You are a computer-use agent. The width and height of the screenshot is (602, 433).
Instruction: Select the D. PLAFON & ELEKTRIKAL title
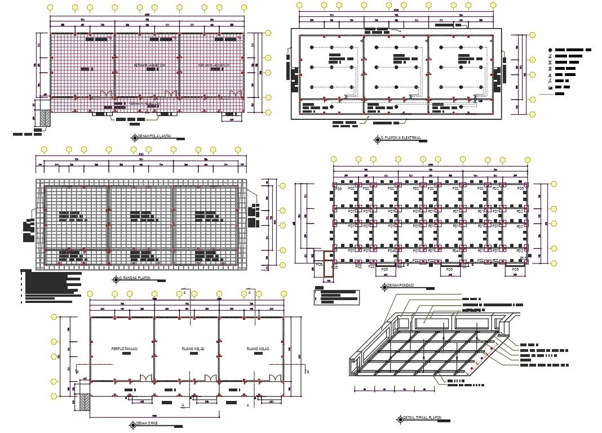click(401, 138)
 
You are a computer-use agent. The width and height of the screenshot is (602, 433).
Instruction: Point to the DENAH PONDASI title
click(401, 285)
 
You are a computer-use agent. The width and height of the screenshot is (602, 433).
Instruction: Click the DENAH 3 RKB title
click(147, 423)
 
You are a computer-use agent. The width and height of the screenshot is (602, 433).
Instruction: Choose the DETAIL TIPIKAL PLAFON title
click(423, 418)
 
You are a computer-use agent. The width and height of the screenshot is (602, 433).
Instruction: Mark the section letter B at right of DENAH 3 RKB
click(308, 372)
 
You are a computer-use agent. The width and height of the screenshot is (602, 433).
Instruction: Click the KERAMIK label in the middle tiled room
click(149, 65)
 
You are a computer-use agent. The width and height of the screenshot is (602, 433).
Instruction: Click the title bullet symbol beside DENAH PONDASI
click(384, 286)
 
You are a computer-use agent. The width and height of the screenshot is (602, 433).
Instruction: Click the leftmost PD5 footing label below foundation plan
click(319, 264)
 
